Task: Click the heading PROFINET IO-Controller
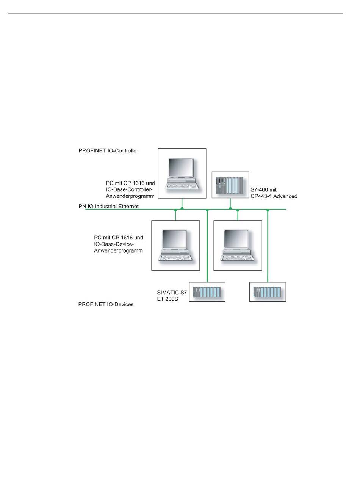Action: coord(108,150)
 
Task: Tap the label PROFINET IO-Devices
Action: coord(106,304)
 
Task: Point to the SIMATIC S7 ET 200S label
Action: coord(172,296)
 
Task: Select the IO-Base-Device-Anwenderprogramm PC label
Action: coord(118,244)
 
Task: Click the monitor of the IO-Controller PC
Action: coord(181,169)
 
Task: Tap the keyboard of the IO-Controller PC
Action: coord(183,186)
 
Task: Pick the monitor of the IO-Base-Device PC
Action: coord(175,241)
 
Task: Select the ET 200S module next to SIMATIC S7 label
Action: coord(207,292)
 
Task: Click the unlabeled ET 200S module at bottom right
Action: coord(268,292)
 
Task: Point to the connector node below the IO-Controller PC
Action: coord(182,207)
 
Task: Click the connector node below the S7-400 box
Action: coord(230,207)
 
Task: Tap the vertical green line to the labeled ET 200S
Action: coord(207,246)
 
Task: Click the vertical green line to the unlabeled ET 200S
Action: coord(268,246)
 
